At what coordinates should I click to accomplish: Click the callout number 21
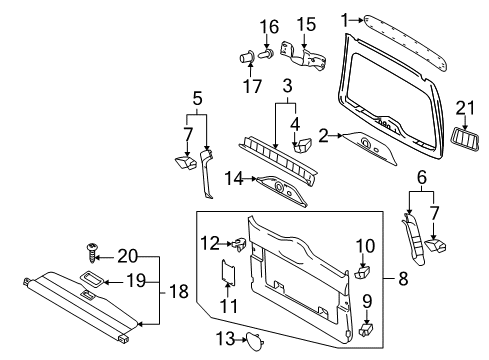coord(465,108)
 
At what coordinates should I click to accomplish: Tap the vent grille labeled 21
coord(465,138)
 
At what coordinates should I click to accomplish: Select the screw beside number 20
coord(91,253)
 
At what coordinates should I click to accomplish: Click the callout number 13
coord(226,339)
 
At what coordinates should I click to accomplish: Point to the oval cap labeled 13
coord(255,342)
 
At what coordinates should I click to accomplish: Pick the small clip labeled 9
coord(366,329)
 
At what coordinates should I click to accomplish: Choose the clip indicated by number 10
coord(362,272)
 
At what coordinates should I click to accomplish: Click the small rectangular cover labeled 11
coord(228,272)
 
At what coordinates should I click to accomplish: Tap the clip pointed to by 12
coord(240,244)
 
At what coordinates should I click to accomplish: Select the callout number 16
coord(269,27)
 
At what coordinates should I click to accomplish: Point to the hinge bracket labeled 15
coord(303,57)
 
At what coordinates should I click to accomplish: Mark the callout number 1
coord(345,20)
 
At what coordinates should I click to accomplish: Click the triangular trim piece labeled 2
coord(370,148)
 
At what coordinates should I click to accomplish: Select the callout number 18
coord(179,291)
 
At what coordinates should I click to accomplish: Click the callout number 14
coord(234,178)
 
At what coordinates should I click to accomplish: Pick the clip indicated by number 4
coord(302,145)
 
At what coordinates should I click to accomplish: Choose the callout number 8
coord(403,278)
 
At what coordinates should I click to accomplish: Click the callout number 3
coord(287,85)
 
